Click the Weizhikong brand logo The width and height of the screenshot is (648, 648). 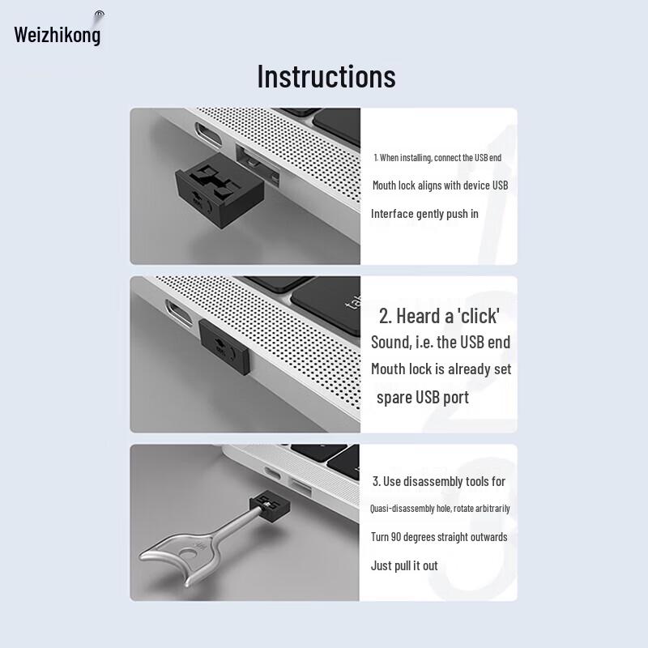tap(58, 35)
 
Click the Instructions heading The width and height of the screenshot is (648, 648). tap(326, 76)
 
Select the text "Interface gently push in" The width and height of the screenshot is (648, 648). tap(424, 214)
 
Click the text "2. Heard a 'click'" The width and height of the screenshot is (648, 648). tap(439, 315)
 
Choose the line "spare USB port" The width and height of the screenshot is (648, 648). tap(422, 398)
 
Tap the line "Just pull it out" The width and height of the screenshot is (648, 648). tap(404, 565)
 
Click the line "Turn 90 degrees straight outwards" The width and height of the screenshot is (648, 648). tap(439, 537)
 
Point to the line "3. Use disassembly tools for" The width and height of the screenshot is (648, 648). tap(438, 481)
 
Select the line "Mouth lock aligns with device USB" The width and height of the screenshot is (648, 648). tap(440, 185)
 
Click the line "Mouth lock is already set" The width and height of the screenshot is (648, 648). tap(441, 369)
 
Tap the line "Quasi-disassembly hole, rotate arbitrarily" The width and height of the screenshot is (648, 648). tap(440, 509)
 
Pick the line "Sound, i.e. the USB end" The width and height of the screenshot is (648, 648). tap(440, 342)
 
